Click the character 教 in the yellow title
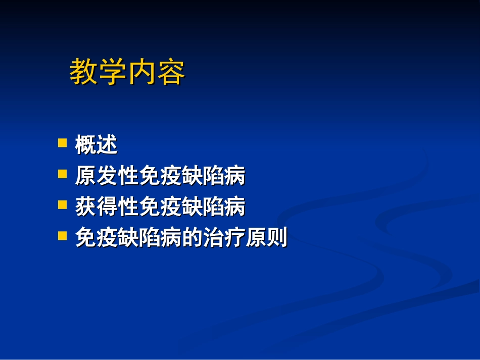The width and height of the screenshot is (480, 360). pyautogui.click(x=84, y=72)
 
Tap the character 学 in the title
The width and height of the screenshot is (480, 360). pyautogui.click(x=113, y=72)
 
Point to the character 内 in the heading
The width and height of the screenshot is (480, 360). pyautogui.click(x=142, y=72)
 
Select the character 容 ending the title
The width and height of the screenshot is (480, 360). pyautogui.click(x=171, y=72)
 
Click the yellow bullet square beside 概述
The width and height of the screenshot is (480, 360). pyautogui.click(x=63, y=143)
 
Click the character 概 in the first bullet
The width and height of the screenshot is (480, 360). pyautogui.click(x=86, y=145)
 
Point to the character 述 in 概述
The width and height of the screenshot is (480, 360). pyautogui.click(x=107, y=145)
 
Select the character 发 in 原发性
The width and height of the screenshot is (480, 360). pyautogui.click(x=107, y=176)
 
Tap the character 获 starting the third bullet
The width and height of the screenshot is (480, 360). pyautogui.click(x=86, y=207)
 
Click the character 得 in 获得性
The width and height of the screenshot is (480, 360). pyautogui.click(x=107, y=207)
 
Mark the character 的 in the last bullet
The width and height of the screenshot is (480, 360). pyautogui.click(x=192, y=238)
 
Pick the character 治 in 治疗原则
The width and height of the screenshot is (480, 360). pyautogui.click(x=213, y=238)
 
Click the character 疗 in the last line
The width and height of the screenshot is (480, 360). pyautogui.click(x=234, y=238)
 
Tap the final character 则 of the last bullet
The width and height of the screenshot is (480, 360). pyautogui.click(x=277, y=238)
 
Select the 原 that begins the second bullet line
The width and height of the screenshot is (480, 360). pyautogui.click(x=86, y=176)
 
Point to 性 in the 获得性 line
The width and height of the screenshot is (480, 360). pyautogui.click(x=128, y=207)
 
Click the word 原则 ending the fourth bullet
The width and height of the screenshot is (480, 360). pyautogui.click(x=266, y=238)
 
